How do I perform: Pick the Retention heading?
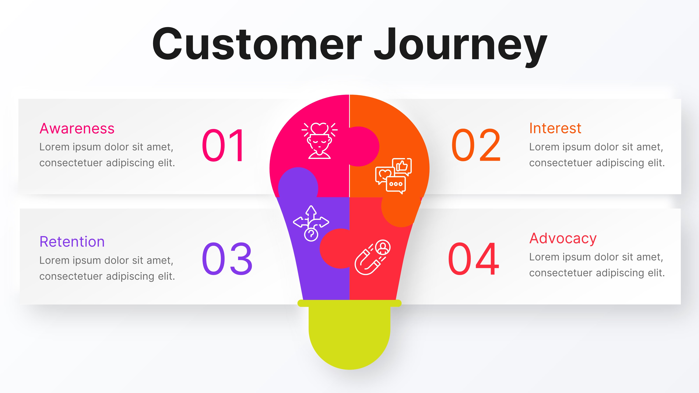[72, 242]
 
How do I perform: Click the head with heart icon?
[319, 140]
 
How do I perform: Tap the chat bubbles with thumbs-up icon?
[394, 176]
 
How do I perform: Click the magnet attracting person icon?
[372, 257]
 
